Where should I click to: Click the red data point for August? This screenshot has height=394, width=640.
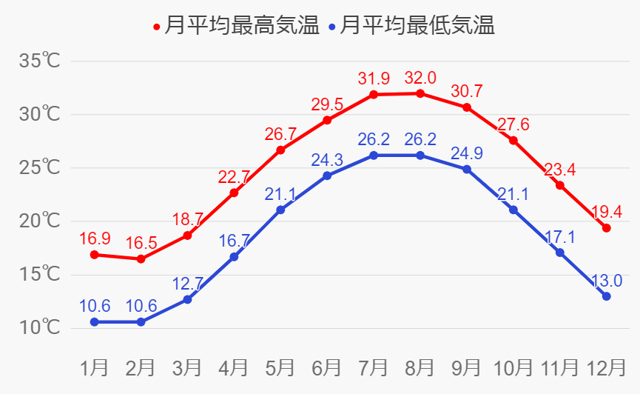coord(420,93)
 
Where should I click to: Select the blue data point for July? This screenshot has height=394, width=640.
coord(374,156)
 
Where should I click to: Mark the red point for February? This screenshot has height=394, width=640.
coord(141,259)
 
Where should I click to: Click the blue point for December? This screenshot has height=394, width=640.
coord(607,296)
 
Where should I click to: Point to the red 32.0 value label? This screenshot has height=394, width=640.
coord(420,77)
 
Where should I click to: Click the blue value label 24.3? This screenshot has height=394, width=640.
coord(327,159)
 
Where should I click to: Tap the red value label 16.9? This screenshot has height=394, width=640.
coord(95,238)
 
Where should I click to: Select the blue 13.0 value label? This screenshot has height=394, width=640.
coord(607,281)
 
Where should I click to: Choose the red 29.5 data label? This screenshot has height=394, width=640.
coord(327,104)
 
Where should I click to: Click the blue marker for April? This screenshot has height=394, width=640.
coord(234,257)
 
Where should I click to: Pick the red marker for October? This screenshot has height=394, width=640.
coord(513,141)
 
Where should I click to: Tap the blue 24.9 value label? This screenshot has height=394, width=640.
coord(467,153)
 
